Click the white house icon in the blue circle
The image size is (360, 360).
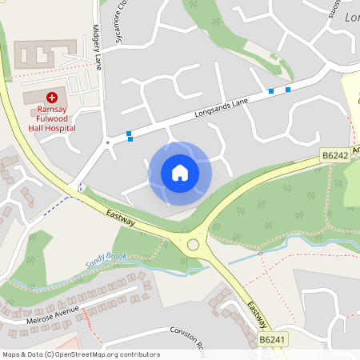(x=179, y=172)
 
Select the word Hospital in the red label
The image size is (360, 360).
(x=60, y=127)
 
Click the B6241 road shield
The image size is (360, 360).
(x=270, y=340)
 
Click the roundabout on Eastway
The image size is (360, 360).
(x=192, y=245)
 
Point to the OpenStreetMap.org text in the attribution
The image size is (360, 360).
(x=95, y=354)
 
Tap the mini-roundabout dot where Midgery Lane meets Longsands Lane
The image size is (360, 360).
(x=108, y=143)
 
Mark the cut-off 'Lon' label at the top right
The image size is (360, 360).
(x=352, y=17)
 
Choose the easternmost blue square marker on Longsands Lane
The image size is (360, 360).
(x=288, y=89)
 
